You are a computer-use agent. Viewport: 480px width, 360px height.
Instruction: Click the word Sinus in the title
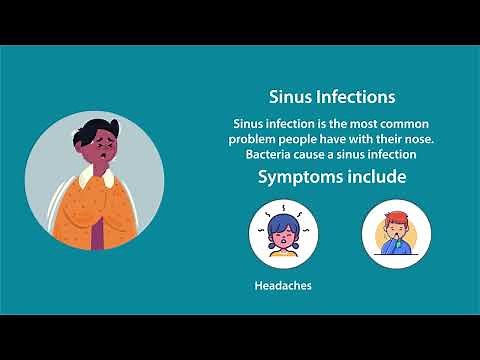(x=290, y=97)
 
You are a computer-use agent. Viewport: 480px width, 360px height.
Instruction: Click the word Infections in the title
(x=354, y=97)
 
